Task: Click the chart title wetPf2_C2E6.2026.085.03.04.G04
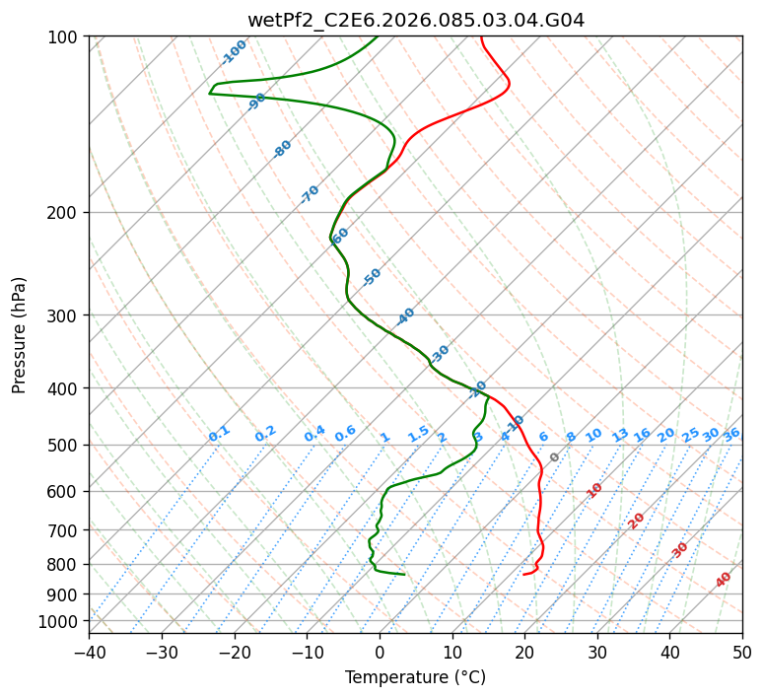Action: point(415,19)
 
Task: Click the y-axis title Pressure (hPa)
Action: point(20,335)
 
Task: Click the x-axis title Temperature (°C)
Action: point(415,677)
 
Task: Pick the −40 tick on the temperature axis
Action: point(89,652)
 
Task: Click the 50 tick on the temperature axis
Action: point(742,652)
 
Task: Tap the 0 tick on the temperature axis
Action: point(380,652)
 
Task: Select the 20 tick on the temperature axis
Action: point(524,652)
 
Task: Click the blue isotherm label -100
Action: point(234,52)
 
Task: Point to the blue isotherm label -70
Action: point(310,194)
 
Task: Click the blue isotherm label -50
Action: point(372,277)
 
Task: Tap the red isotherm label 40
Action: point(724,581)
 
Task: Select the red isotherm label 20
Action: point(637,520)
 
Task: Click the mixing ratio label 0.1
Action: point(219,434)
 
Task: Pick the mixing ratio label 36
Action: point(731,434)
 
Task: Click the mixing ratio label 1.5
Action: point(418,434)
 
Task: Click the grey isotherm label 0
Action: point(555,457)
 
